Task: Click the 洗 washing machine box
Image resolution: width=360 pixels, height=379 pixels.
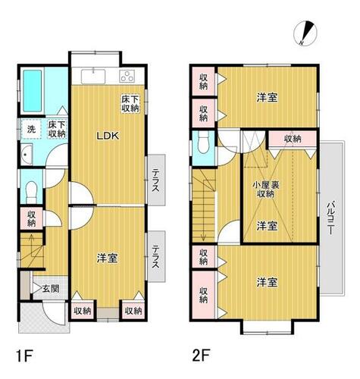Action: click(31, 129)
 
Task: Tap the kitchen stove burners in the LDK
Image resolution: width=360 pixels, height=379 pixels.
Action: click(127, 76)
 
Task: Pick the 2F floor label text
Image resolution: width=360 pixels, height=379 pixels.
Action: click(200, 353)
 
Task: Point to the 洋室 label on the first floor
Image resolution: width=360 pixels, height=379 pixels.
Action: click(106, 258)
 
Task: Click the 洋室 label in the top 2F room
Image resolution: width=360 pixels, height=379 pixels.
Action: click(265, 97)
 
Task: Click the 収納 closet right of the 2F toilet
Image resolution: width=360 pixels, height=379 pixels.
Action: click(293, 139)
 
